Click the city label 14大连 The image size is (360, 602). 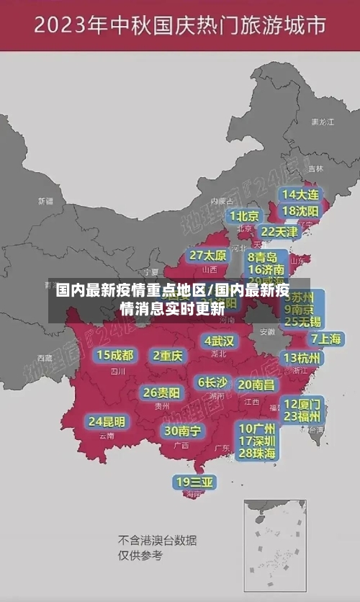(x=300, y=194)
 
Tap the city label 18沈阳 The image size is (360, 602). (x=300, y=211)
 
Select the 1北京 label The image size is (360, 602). (x=245, y=216)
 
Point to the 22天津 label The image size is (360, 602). (x=279, y=232)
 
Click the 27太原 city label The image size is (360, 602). (x=208, y=256)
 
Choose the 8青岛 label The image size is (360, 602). (x=263, y=257)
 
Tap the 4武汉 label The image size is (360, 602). (x=219, y=341)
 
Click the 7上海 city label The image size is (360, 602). (x=325, y=338)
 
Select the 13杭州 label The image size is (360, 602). (x=303, y=358)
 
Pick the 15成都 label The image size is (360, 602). (x=114, y=355)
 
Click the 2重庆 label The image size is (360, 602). (x=168, y=355)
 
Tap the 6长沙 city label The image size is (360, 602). (x=212, y=382)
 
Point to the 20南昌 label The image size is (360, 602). (x=256, y=385)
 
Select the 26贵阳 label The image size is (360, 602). (x=161, y=392)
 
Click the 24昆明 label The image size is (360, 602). (x=107, y=421)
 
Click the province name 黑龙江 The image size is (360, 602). (x=322, y=122)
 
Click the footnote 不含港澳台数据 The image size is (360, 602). (x=157, y=540)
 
